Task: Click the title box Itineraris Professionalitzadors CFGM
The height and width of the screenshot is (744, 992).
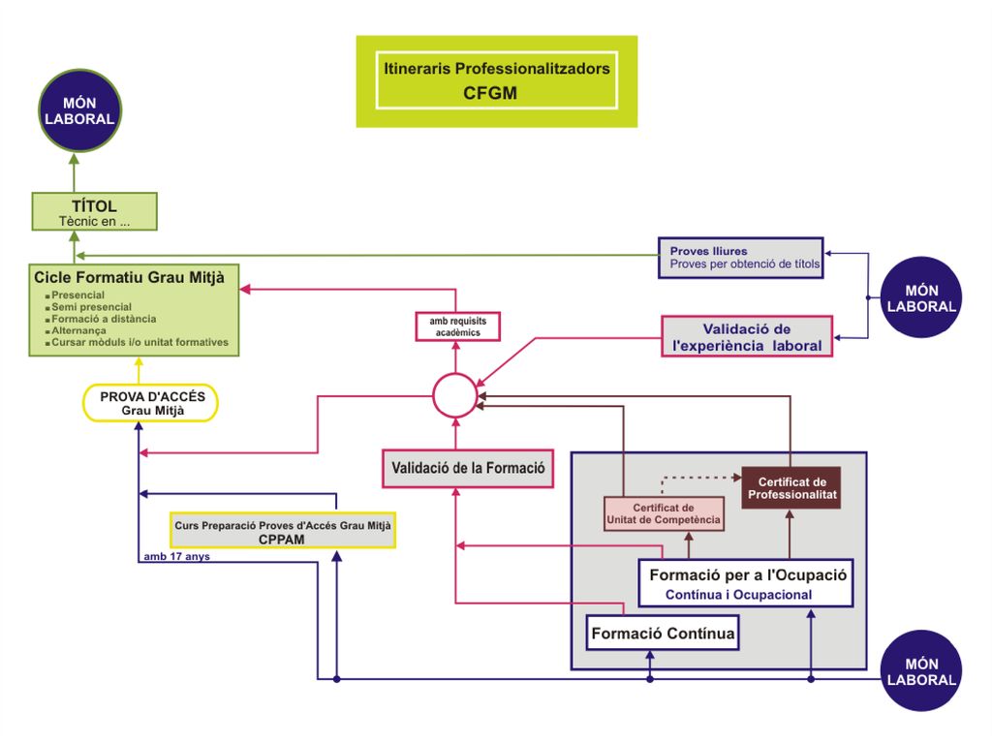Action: (497, 81)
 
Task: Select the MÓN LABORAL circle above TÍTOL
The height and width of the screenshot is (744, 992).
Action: (79, 110)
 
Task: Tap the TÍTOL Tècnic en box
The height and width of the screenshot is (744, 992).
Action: (94, 211)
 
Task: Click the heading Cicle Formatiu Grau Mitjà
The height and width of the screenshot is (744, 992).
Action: (129, 277)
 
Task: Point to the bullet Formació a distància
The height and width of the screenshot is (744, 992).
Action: (104, 319)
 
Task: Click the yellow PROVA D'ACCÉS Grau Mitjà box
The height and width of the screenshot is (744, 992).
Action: (150, 403)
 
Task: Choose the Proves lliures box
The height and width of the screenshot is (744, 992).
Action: (741, 258)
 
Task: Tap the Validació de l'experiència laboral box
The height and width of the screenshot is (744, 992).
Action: (747, 336)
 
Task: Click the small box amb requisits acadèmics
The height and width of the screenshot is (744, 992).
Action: (458, 326)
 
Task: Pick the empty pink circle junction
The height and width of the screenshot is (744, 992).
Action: (455, 374)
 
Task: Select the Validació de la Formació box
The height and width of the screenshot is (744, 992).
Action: (468, 468)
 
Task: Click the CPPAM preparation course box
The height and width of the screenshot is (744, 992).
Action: (283, 531)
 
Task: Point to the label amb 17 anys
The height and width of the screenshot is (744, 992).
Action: (176, 557)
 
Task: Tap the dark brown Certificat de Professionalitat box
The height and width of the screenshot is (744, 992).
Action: (791, 488)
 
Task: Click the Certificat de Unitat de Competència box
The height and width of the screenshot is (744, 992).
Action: (664, 513)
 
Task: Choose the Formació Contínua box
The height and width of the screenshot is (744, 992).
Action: (663, 633)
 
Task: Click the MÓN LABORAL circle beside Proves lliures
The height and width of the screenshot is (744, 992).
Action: (921, 297)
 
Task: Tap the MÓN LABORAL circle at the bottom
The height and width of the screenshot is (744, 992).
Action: (921, 671)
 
